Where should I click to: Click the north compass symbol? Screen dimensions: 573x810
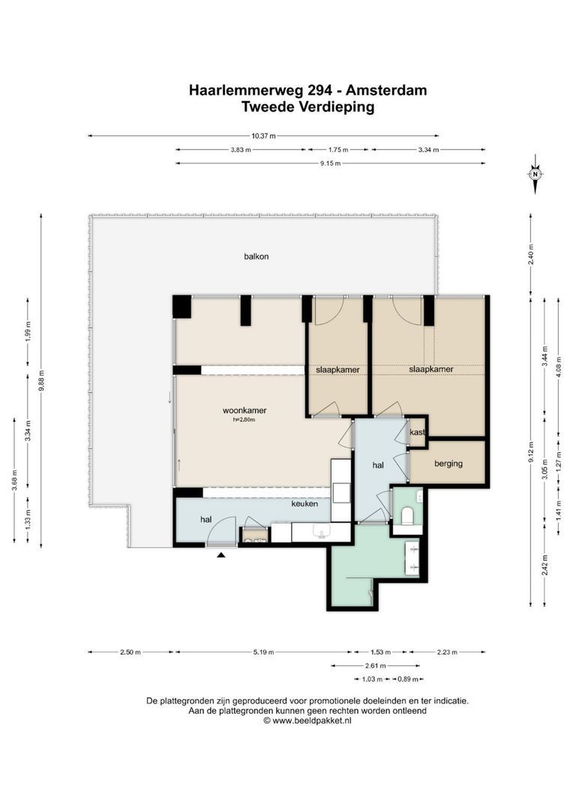point(535,174)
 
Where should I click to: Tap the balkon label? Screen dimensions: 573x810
point(256,256)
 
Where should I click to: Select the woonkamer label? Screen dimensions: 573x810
point(244,411)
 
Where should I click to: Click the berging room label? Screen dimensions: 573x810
point(448,463)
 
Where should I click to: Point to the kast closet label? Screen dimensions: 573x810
point(417,432)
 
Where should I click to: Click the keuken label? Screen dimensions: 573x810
point(304,504)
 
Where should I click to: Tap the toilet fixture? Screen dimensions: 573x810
point(408,516)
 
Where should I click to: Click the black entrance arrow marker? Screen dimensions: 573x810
point(221,555)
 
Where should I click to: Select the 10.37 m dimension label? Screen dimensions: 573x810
point(263,136)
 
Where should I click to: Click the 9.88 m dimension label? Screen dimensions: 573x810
point(42,381)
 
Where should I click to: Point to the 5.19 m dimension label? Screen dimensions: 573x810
point(263,652)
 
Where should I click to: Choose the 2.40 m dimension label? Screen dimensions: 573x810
point(531,254)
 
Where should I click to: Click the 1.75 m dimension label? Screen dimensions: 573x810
point(338,150)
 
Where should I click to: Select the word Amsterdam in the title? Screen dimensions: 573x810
point(386,91)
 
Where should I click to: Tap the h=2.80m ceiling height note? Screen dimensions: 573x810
point(244,420)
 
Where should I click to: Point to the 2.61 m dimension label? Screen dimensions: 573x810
point(375,666)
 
